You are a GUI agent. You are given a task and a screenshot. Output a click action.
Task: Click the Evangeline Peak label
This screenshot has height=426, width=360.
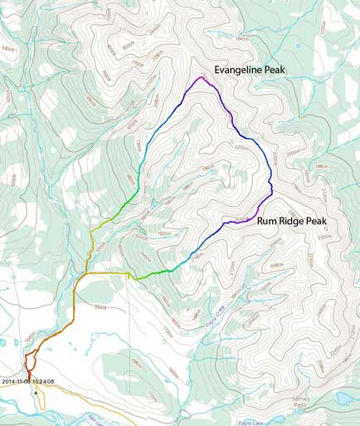tap(250, 71)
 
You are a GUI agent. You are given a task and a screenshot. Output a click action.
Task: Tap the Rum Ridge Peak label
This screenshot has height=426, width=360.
tap(292, 221)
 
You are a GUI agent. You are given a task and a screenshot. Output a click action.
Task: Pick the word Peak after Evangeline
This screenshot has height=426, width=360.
tap(275, 71)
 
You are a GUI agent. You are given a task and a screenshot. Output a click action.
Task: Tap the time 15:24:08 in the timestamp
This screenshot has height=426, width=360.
tap(43, 381)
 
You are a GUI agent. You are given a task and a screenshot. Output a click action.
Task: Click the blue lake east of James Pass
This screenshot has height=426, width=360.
tap(340, 398)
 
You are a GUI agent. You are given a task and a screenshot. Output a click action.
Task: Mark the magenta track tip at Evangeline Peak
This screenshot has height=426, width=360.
tap(201, 78)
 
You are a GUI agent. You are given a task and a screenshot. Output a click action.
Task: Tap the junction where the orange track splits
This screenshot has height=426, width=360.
tap(86, 272)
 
